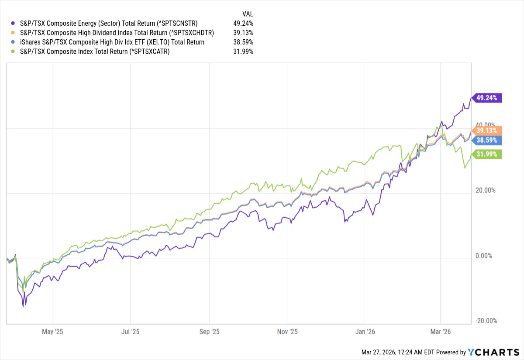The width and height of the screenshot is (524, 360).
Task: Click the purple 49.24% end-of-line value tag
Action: tap(486, 98)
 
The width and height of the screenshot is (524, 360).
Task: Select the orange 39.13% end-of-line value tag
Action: tap(486, 130)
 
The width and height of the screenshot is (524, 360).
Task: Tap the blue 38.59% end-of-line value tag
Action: tap(486, 140)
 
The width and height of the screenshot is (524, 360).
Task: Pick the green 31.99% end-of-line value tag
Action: tap(486, 154)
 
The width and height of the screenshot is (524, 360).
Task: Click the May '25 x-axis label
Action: tap(53, 332)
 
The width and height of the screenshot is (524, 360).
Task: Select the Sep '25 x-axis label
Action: tap(210, 332)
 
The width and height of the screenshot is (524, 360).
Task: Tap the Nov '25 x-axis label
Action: tap(287, 332)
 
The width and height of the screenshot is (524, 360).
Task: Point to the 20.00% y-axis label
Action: tap(486, 190)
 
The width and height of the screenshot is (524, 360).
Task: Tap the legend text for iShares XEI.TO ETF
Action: tap(112, 42)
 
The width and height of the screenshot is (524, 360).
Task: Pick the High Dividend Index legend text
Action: tap(117, 33)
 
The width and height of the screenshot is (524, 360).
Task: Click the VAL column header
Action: tap(248, 13)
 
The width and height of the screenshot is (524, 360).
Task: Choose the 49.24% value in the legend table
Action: tap(243, 23)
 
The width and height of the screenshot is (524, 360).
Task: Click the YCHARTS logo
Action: tap(493, 352)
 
